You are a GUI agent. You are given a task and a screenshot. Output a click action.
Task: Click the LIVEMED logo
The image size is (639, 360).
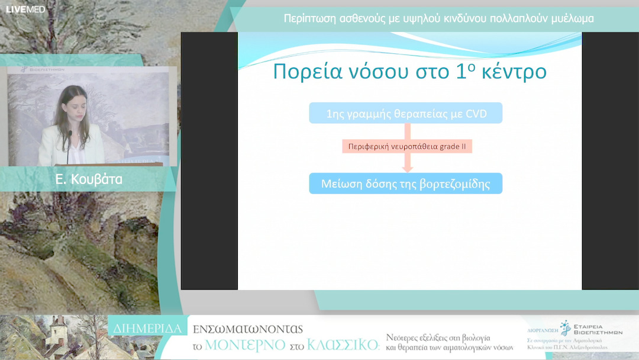pyautogui.click(x=25, y=9)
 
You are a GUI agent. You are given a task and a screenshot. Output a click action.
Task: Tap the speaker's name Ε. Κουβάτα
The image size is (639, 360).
pyautogui.click(x=89, y=179)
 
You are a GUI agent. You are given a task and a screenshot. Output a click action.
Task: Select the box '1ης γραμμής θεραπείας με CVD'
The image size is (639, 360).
pyautogui.click(x=405, y=113)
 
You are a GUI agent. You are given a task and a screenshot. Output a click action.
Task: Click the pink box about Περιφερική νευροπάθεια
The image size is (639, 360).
pyautogui.click(x=407, y=146)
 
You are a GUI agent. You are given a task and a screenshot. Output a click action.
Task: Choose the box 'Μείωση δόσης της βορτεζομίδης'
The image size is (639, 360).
pyautogui.click(x=405, y=184)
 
